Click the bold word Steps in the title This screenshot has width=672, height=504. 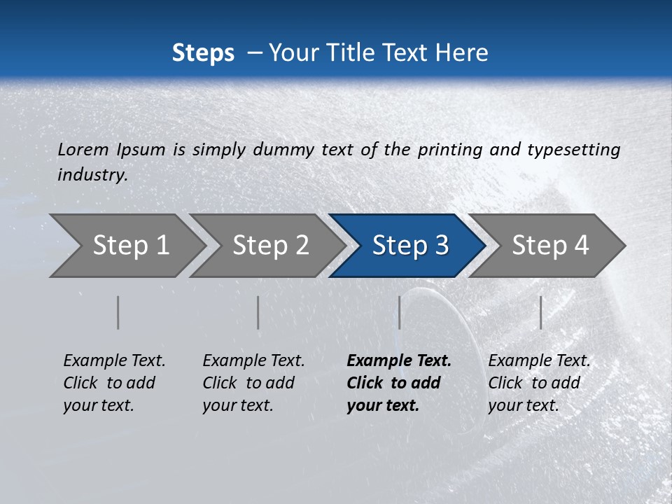click(203, 52)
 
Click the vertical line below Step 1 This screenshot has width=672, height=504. click(118, 312)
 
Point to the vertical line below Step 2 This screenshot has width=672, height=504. click(258, 312)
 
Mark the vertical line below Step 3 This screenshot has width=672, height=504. click(399, 312)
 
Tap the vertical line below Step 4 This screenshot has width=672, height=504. click(540, 312)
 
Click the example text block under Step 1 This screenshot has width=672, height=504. click(114, 383)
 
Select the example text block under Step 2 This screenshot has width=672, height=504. click(253, 383)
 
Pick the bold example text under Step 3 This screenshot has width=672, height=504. click(398, 383)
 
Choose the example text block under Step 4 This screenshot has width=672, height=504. click(539, 383)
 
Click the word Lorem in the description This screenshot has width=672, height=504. click(83, 150)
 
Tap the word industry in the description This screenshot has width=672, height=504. click(92, 175)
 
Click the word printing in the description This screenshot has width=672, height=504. click(448, 150)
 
